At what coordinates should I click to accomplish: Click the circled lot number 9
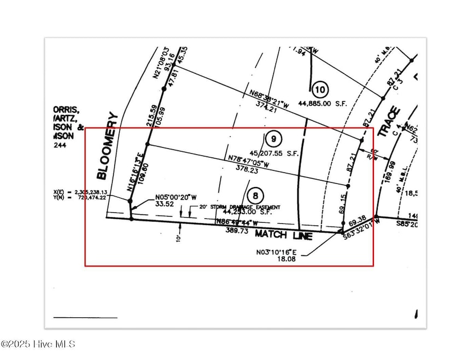point(273,139)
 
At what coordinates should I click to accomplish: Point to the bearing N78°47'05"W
point(249,162)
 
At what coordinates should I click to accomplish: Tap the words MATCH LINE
point(283,235)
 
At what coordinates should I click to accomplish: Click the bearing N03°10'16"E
point(276,252)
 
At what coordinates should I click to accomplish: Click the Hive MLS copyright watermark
point(38,344)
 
